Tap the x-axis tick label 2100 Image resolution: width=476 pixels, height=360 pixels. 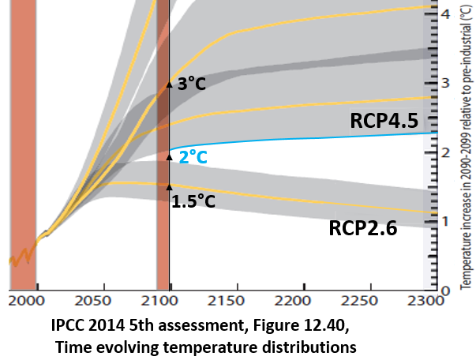click(164, 301)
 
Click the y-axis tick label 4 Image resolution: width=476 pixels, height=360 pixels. click(447, 14)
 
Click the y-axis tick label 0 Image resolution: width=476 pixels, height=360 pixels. click(447, 289)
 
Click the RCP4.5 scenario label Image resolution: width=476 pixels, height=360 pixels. click(384, 120)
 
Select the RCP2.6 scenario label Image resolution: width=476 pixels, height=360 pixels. click(363, 229)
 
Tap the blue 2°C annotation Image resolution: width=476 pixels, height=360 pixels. click(193, 157)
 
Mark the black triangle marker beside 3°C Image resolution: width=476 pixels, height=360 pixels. click(169, 84)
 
